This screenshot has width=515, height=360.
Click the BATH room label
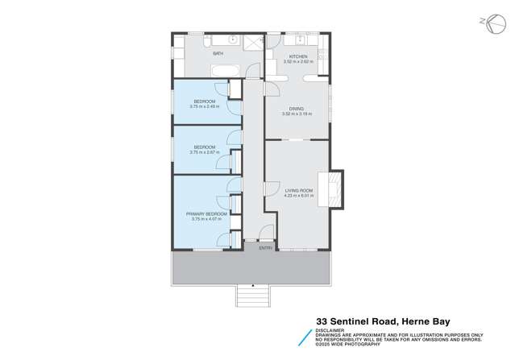218,54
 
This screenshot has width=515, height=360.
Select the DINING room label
297,109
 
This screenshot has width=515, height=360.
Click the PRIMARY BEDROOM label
206,213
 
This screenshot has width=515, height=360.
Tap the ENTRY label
265,247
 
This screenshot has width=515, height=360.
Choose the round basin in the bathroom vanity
232,39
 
